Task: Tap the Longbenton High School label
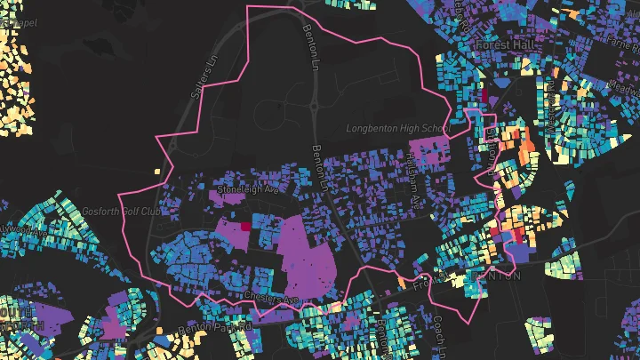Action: (x=397, y=129)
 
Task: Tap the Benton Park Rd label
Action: (x=217, y=328)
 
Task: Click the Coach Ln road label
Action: (x=437, y=334)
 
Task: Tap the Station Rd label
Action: (x=490, y=142)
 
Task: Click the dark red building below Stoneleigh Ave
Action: (x=245, y=212)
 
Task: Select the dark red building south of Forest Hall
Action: (x=484, y=93)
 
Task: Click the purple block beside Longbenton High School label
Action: (x=428, y=150)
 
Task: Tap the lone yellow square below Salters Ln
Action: (x=157, y=171)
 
